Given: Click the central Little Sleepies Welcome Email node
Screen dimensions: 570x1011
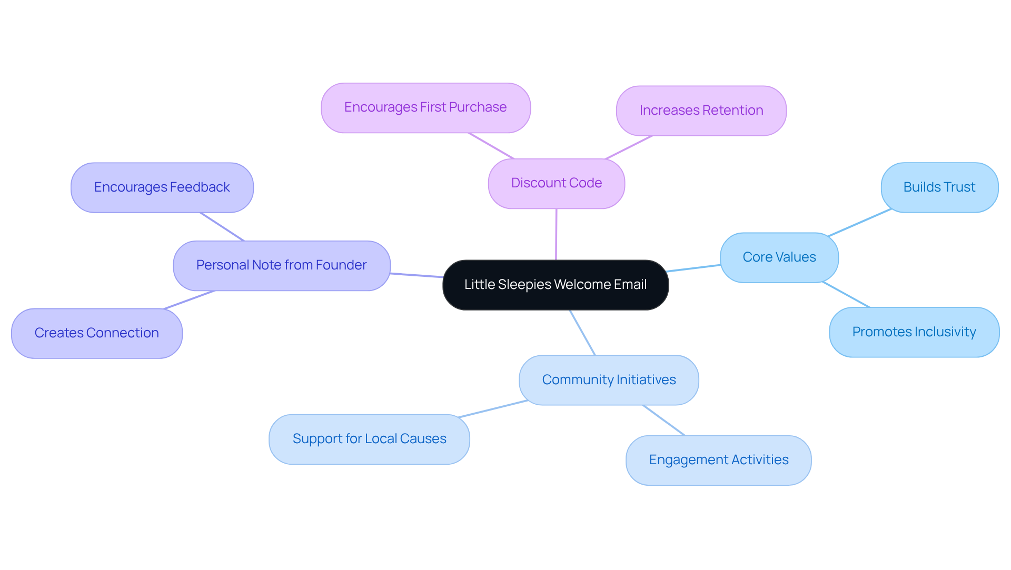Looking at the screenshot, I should click(x=556, y=285).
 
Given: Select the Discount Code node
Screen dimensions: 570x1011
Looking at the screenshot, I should click(x=557, y=183).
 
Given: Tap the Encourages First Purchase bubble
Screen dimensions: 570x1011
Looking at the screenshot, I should click(x=425, y=107).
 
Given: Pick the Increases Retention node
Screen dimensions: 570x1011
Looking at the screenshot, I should click(x=701, y=111).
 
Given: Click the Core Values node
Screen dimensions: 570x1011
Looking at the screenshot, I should click(x=779, y=257).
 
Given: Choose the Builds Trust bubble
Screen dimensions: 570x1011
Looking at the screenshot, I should click(x=939, y=187).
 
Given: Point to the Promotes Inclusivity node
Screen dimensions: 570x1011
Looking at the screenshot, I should click(x=914, y=332).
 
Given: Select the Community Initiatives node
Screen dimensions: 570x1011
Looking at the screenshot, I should click(x=609, y=380).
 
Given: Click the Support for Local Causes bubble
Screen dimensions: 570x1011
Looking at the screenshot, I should click(x=369, y=439).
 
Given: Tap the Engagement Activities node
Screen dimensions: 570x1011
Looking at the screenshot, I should click(x=718, y=460).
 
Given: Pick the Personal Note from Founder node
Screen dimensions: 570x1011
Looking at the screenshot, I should click(x=281, y=265).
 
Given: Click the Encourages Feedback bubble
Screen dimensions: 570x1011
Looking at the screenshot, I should click(x=162, y=187).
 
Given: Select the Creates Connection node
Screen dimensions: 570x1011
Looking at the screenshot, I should click(x=96, y=333).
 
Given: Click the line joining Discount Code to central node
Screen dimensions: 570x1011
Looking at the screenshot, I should click(x=556, y=234).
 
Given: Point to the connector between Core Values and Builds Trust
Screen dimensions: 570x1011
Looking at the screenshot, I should click(x=859, y=223).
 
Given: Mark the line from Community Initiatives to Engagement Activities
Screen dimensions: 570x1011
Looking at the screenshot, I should click(x=664, y=420).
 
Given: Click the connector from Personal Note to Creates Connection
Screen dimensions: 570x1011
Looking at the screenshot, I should click(x=189, y=300).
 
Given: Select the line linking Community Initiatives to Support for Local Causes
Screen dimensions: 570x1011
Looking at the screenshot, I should click(x=493, y=409).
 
